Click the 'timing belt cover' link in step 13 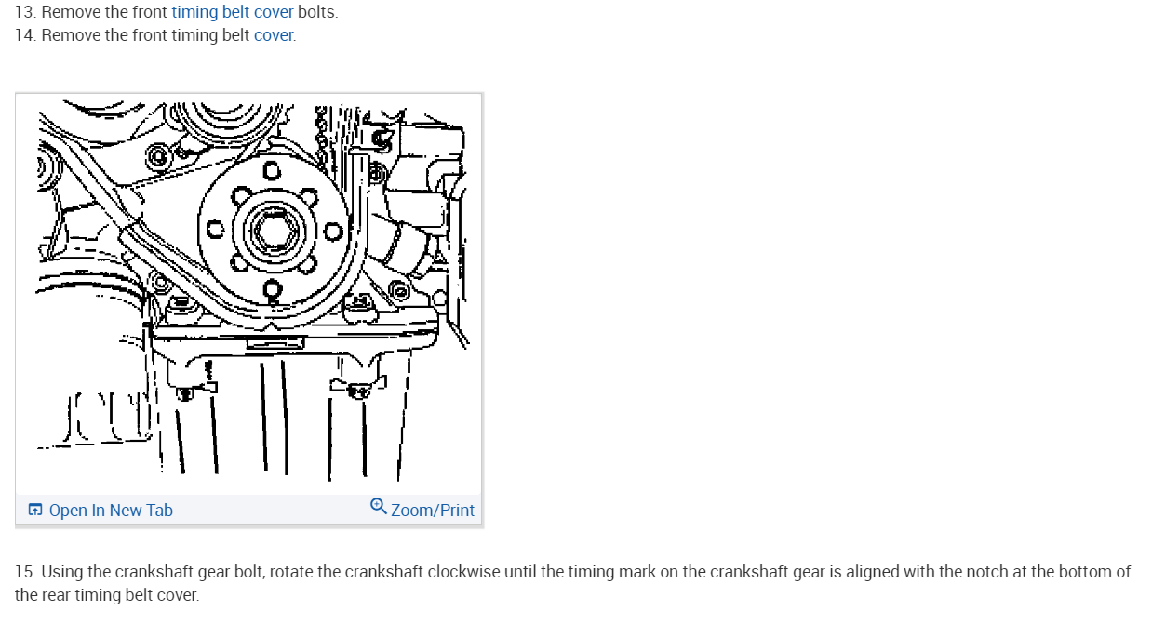pos(233,12)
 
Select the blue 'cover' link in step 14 pos(274,35)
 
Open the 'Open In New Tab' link pos(111,510)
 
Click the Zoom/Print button pos(432,510)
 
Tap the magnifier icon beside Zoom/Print pos(378,507)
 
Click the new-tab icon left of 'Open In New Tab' pos(35,510)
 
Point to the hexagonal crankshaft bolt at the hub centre pos(271,227)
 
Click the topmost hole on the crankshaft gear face pos(271,170)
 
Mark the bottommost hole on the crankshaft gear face pos(272,287)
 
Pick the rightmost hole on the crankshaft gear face pos(330,230)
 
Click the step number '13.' pos(25,12)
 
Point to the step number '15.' pos(25,571)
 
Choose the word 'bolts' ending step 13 pos(316,12)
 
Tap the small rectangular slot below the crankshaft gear pos(263,343)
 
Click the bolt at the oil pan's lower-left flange pos(184,394)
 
